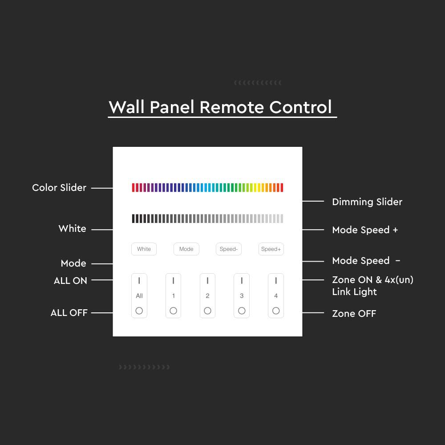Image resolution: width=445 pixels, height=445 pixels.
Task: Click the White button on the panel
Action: (144, 249)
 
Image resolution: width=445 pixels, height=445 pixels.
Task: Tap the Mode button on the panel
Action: (186, 249)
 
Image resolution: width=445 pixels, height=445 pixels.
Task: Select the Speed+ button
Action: (271, 249)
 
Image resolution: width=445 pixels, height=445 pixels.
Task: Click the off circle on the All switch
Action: (139, 311)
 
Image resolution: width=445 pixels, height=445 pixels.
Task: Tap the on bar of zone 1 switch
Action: (174, 281)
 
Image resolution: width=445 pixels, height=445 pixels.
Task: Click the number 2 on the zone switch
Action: (207, 296)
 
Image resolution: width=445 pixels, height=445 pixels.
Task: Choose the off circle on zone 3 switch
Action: (242, 311)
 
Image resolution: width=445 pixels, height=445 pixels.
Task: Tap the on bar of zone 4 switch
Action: (276, 281)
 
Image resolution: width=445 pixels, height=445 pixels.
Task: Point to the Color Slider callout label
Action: (59, 188)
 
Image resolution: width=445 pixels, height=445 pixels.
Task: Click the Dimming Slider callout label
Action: (367, 202)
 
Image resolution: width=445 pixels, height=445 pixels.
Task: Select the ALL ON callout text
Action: (70, 281)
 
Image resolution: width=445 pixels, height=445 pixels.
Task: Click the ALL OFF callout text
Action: (69, 313)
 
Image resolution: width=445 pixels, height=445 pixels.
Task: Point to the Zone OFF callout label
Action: (354, 314)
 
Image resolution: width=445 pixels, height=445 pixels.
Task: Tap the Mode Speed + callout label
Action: (365, 230)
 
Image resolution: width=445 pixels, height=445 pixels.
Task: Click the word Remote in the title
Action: (232, 107)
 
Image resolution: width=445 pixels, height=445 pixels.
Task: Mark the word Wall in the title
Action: (127, 107)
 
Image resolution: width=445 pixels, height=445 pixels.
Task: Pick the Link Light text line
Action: (355, 292)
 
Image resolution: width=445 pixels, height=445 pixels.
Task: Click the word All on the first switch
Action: (139, 296)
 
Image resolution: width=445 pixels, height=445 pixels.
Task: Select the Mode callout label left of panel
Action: (73, 263)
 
